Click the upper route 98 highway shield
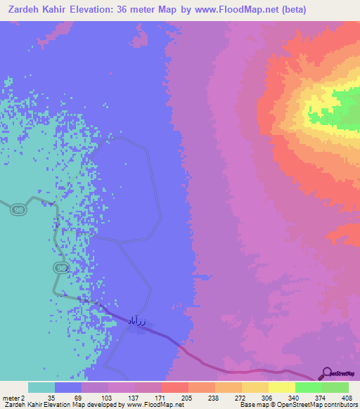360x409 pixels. click(19, 210)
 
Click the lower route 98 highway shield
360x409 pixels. click(61, 268)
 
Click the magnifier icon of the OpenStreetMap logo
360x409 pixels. click(327, 375)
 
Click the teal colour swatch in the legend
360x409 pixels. click(41, 387)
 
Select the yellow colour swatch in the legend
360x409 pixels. click(281, 387)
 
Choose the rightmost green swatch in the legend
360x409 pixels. click(335, 387)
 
